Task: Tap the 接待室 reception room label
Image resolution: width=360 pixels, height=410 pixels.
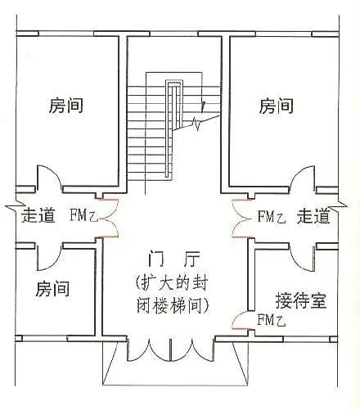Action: click(301, 300)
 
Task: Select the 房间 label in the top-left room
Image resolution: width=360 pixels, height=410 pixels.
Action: click(66, 106)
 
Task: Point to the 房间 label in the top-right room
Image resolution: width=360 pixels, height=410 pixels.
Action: click(276, 106)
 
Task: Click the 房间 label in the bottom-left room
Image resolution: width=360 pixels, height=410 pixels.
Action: click(52, 289)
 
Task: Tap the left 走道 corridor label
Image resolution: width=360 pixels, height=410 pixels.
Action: click(38, 215)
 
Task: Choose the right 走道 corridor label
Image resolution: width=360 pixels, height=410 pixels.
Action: click(313, 216)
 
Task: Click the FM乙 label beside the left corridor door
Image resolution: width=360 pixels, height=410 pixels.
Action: click(83, 215)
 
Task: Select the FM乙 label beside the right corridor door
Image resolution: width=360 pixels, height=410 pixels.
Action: click(272, 217)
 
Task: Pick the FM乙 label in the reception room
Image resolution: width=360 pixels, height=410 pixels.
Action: click(272, 320)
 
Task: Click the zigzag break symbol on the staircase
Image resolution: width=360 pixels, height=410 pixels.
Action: click(197, 124)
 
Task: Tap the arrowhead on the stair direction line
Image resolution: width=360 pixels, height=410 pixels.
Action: click(203, 106)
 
